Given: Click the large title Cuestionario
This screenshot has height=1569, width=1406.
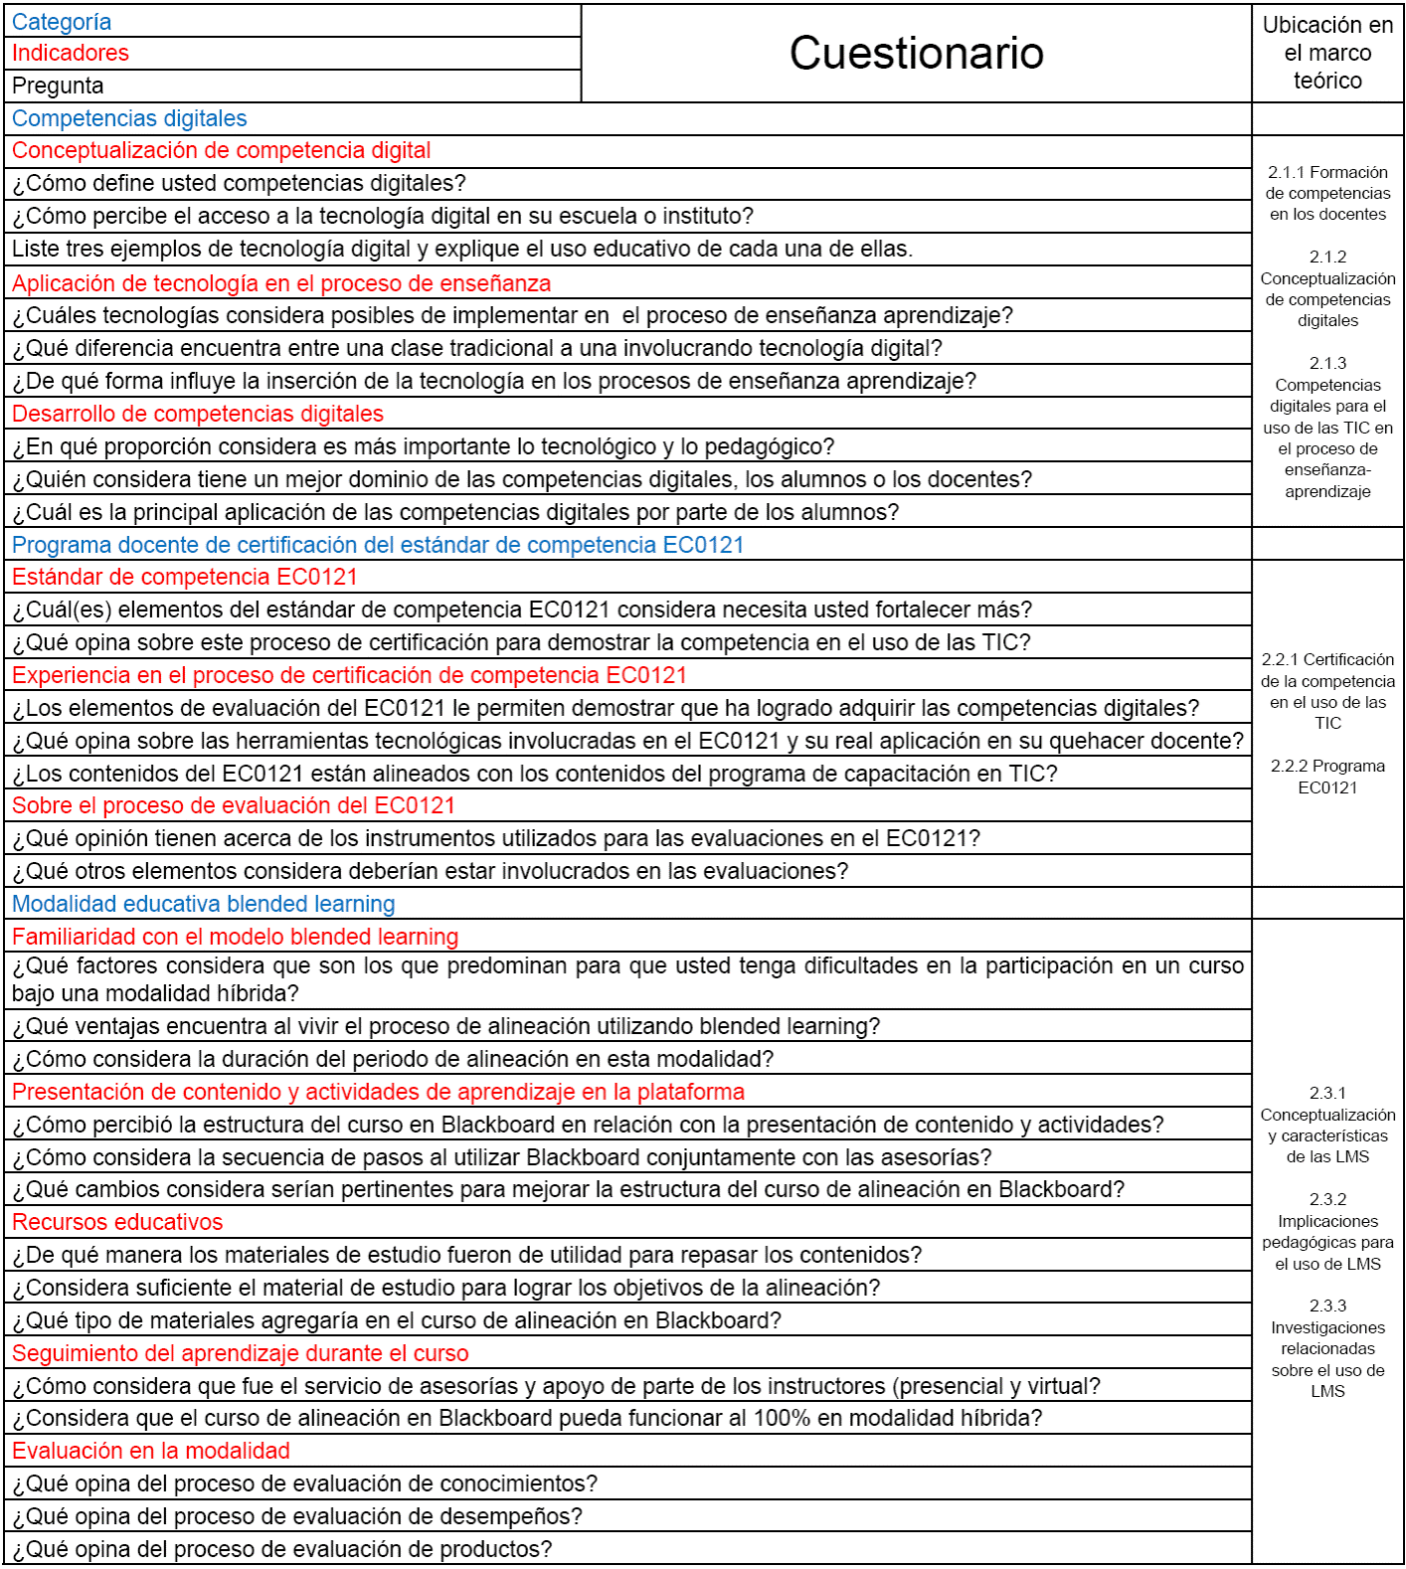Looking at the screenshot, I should (916, 54).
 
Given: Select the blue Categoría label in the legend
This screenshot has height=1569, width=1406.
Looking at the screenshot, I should (62, 22).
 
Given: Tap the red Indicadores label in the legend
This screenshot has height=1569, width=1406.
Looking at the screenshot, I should (71, 54).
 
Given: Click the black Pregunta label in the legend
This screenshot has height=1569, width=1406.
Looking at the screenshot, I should (58, 87).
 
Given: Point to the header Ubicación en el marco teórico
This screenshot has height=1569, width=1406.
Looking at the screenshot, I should (1327, 54).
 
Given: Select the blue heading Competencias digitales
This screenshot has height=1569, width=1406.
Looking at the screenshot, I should (129, 119).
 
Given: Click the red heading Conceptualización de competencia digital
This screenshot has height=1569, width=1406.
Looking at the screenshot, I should (221, 151).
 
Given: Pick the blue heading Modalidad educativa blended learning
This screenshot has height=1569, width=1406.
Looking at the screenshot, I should (203, 905).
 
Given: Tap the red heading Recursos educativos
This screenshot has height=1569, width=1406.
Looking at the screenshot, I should (117, 1223).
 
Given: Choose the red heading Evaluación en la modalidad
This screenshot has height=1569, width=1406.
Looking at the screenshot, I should (151, 1452).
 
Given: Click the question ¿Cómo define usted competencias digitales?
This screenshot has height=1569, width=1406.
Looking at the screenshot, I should (239, 184).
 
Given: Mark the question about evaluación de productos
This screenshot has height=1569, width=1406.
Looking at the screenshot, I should (281, 1550).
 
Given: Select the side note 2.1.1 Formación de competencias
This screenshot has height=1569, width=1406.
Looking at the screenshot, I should (1327, 194).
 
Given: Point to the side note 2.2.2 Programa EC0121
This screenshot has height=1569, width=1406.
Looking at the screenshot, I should (1327, 778).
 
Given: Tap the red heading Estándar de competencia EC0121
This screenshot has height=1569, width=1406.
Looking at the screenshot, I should (184, 578).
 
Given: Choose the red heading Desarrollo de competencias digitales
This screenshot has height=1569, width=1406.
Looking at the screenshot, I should (198, 415).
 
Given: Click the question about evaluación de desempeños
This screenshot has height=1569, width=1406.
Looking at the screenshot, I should (297, 1517).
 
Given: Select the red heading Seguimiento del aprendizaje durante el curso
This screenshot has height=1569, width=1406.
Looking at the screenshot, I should (240, 1354).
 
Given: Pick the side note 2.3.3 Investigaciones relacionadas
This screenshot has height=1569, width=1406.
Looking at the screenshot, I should (1327, 1349).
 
